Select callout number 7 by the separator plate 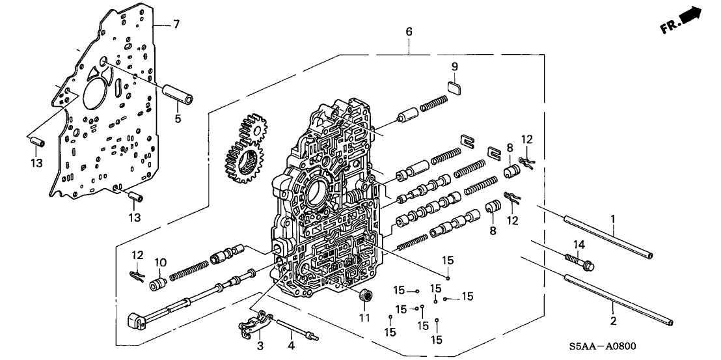tap(175, 25)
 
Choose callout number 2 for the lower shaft tap(612, 321)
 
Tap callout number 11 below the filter tap(364, 318)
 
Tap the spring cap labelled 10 tap(156, 284)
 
